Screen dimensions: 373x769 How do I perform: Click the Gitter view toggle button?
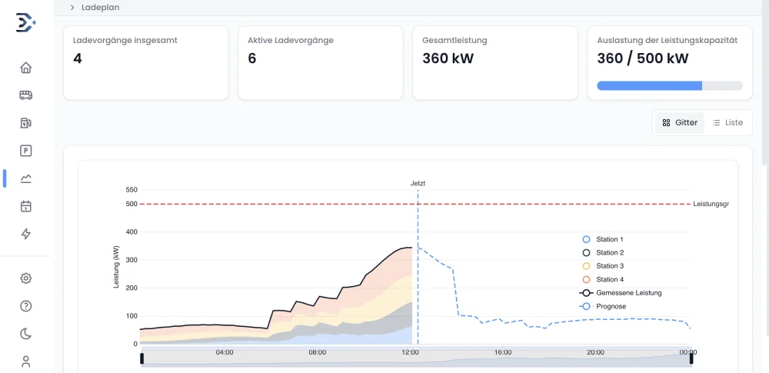[x=680, y=123]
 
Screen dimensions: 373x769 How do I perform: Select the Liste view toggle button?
[x=727, y=123]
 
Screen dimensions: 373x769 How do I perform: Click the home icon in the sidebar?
[x=26, y=68]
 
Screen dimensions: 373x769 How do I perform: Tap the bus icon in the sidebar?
[x=26, y=95]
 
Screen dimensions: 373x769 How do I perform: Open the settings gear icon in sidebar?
[x=26, y=278]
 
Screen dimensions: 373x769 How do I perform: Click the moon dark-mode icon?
[x=26, y=333]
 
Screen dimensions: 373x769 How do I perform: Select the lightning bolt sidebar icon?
[x=26, y=234]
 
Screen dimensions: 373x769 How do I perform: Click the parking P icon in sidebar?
[x=26, y=151]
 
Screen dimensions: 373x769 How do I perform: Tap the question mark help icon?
[x=26, y=306]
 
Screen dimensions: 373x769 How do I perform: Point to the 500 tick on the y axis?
[x=131, y=204]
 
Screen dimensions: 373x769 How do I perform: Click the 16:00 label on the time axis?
[x=503, y=352]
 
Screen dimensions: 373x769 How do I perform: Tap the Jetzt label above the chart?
[x=418, y=184]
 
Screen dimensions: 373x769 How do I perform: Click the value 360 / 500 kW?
[x=643, y=58]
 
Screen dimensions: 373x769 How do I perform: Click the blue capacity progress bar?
[x=649, y=86]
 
